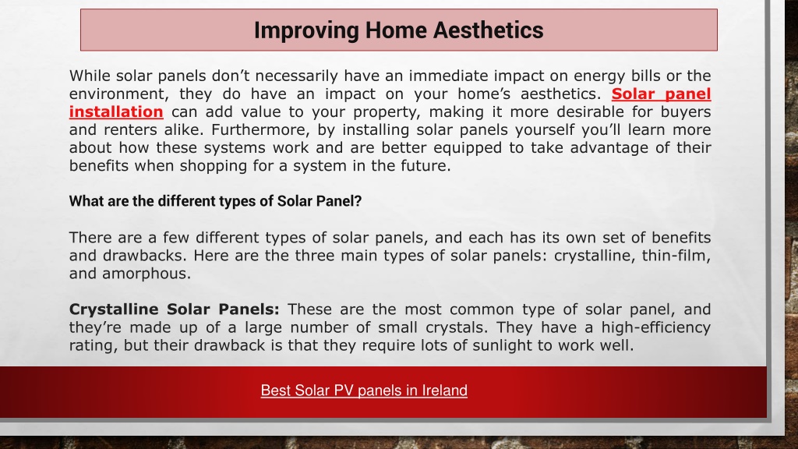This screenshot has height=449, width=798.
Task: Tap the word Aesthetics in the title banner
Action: [488, 30]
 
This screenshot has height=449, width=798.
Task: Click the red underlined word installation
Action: [116, 111]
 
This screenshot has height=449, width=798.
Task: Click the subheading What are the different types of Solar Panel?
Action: [215, 201]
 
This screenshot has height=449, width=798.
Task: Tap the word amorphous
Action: [146, 274]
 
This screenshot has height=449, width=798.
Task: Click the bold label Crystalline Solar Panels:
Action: [175, 309]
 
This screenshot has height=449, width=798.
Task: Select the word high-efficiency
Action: [656, 327]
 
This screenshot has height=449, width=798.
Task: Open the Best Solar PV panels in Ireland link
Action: [364, 391]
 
